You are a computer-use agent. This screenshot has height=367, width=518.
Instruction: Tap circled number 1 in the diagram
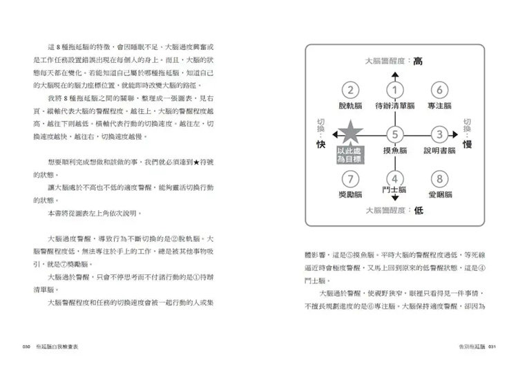click(394, 90)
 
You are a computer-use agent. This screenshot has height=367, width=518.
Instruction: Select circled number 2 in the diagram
click(351, 90)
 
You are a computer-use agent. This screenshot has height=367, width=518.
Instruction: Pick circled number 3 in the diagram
click(439, 134)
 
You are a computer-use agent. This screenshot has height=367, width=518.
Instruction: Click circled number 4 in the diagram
click(394, 178)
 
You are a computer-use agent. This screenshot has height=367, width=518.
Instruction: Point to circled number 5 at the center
click(394, 135)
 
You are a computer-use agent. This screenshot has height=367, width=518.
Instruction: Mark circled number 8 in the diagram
click(439, 178)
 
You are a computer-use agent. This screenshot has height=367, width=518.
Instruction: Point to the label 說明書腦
click(439, 150)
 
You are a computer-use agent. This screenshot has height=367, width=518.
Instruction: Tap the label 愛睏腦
click(439, 194)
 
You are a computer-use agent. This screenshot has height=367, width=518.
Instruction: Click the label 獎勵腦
click(351, 194)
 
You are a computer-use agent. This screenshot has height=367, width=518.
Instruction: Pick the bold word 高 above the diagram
click(417, 61)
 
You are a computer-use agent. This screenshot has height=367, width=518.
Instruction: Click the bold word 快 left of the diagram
click(320, 144)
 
